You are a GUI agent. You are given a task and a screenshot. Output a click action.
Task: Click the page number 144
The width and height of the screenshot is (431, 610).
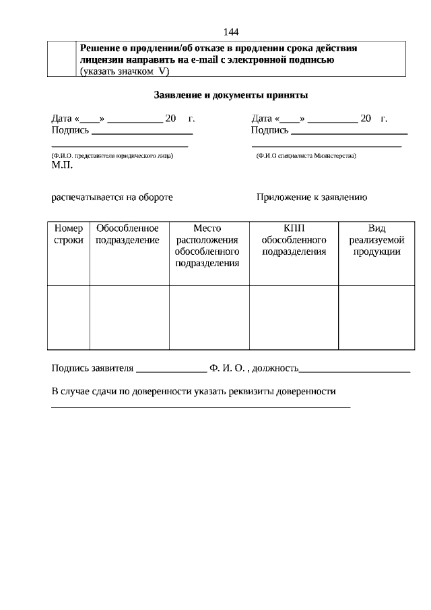point(230,32)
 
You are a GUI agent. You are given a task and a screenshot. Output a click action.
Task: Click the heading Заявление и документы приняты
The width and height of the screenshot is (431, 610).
point(231,96)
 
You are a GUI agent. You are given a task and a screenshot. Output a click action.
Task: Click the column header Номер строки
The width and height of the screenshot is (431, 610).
point(68,234)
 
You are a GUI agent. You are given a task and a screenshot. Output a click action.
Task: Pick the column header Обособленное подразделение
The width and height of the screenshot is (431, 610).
point(128,234)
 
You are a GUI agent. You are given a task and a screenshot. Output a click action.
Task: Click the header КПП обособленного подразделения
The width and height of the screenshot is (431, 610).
point(294,240)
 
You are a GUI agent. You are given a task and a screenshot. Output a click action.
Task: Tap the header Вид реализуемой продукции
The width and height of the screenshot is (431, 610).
point(376,240)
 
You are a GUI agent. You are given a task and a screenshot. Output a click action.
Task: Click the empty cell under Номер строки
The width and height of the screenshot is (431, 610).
point(68,317)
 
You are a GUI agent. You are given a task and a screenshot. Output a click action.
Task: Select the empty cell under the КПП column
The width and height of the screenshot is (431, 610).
point(294,317)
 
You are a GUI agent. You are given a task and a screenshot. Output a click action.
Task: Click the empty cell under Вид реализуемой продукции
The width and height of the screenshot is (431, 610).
point(376,317)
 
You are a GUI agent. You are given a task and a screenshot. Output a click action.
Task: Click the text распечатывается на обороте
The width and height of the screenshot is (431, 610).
point(112,197)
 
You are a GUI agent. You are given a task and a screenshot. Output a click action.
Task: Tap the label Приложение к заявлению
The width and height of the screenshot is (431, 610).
point(311,197)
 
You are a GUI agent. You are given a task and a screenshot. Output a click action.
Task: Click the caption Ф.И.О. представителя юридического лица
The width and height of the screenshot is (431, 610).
point(112,156)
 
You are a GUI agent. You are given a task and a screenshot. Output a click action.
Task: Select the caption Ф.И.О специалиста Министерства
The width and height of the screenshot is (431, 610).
point(306,156)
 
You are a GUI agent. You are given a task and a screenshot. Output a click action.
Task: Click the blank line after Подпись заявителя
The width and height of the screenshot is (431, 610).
point(171,369)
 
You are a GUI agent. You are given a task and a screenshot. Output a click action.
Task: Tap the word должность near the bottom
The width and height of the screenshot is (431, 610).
point(275,368)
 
